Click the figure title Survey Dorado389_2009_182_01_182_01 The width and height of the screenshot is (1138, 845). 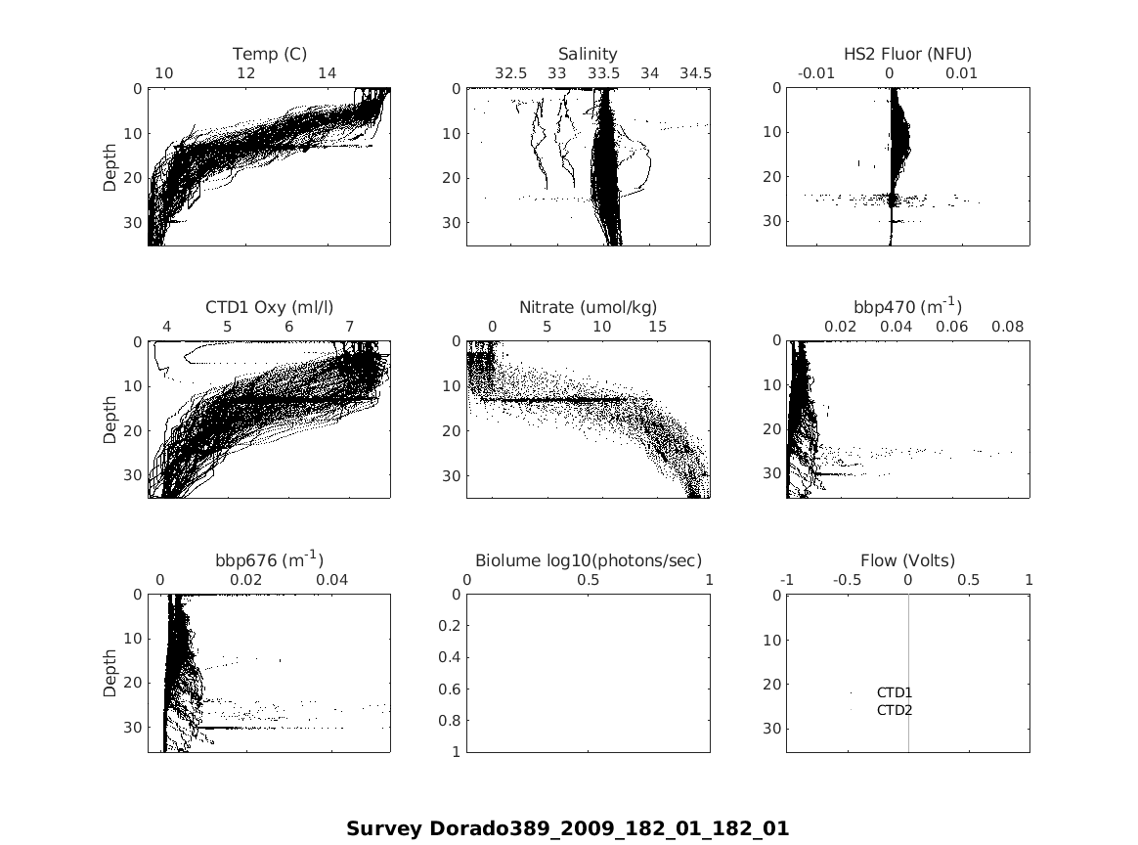pyautogui.click(x=567, y=828)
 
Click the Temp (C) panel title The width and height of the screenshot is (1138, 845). pyautogui.click(x=270, y=54)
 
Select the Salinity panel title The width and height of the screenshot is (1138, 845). pyautogui.click(x=588, y=54)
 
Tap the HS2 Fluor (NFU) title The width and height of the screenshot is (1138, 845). pyautogui.click(x=907, y=54)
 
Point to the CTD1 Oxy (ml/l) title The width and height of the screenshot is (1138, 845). pyautogui.click(x=269, y=307)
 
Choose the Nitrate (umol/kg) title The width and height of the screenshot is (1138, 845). pyautogui.click(x=588, y=307)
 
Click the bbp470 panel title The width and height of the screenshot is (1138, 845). pyautogui.click(x=907, y=307)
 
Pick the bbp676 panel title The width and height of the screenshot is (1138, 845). pyautogui.click(x=269, y=560)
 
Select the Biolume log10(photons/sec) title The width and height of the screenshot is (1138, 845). pyautogui.click(x=588, y=560)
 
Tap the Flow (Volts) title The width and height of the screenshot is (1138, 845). pyautogui.click(x=907, y=560)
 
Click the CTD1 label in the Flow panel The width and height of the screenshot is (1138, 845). pyautogui.click(x=894, y=692)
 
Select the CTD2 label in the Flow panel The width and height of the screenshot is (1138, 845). pyautogui.click(x=894, y=710)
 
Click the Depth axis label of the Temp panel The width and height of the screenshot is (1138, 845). pyautogui.click(x=110, y=166)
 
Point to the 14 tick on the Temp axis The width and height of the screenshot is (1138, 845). pyautogui.click(x=328, y=73)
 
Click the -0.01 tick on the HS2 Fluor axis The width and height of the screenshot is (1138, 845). pyautogui.click(x=816, y=73)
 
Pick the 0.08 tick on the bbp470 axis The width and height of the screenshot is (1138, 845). pyautogui.click(x=1008, y=327)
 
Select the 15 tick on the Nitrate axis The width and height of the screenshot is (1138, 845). pyautogui.click(x=657, y=327)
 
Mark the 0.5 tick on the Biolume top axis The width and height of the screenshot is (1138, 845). pyautogui.click(x=588, y=580)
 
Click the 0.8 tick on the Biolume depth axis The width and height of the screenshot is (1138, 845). pyautogui.click(x=447, y=721)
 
